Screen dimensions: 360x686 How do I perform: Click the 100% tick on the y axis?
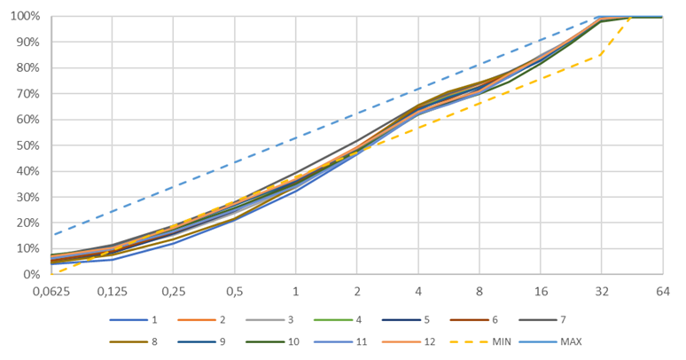pos(25,17)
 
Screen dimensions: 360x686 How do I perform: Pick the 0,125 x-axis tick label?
pos(113,292)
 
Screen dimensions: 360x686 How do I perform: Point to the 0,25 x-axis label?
pos(174,292)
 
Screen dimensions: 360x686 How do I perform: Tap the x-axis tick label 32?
pos(601,292)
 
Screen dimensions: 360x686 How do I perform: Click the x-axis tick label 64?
pos(662,292)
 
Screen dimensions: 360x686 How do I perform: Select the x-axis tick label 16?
pos(540,292)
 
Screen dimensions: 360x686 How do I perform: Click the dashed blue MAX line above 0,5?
pos(235,162)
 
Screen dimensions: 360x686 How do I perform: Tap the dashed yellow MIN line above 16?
pos(540,79)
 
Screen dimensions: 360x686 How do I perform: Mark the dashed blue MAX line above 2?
pos(357,113)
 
